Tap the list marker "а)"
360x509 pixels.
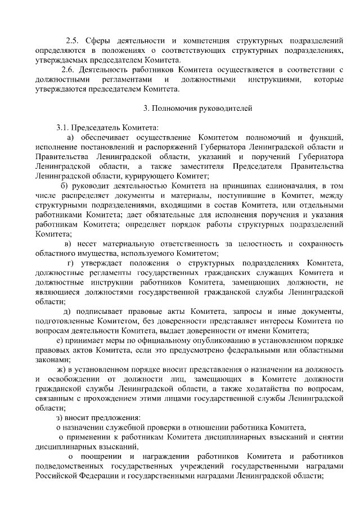71,137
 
